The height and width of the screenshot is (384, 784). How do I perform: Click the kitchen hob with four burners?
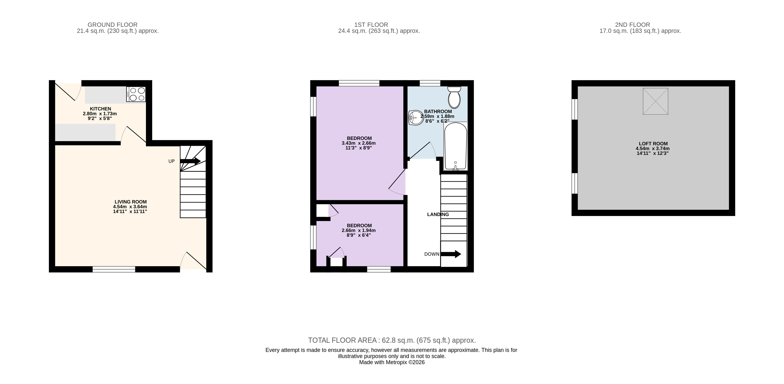136,94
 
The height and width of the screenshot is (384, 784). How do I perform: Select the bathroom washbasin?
416,118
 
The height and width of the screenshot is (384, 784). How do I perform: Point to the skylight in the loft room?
655,101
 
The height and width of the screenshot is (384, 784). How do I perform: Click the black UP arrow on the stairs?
190,161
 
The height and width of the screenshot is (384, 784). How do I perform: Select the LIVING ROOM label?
131,201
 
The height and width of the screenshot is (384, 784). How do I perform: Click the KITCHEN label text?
100,109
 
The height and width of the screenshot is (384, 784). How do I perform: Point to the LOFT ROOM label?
653,143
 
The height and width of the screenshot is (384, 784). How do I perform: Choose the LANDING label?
438,214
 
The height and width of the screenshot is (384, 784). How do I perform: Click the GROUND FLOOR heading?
113,25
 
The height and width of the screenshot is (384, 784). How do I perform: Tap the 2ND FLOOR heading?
632,25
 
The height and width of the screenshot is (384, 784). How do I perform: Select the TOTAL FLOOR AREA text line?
392,340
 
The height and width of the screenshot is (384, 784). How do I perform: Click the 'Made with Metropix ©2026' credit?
392,362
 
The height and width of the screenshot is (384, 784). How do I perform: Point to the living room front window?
114,269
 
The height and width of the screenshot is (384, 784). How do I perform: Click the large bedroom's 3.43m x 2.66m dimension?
359,143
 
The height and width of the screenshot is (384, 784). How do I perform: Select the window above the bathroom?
430,83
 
